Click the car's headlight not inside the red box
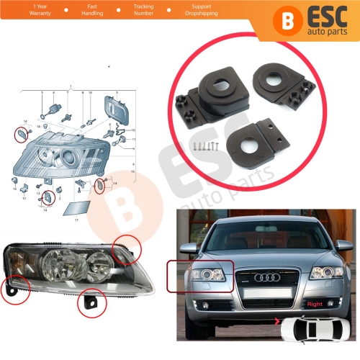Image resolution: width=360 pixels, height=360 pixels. click(326, 274)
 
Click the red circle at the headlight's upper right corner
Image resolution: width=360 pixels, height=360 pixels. click(132, 250)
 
